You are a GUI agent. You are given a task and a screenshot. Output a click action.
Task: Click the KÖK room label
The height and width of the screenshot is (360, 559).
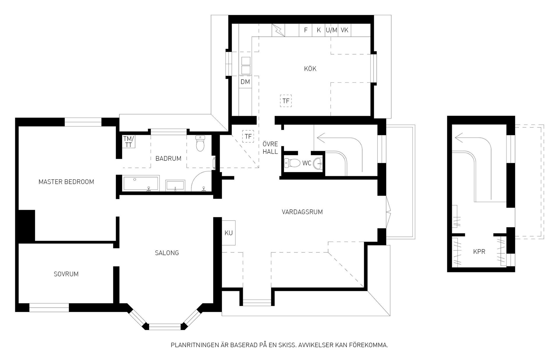310,69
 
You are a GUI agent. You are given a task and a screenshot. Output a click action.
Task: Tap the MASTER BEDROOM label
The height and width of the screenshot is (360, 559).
66,182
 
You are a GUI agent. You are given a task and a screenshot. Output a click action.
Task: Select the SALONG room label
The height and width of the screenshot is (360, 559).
167,253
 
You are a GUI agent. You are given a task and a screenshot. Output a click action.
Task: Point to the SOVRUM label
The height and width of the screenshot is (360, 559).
66,274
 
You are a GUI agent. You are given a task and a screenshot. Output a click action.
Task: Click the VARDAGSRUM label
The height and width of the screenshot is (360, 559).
302,212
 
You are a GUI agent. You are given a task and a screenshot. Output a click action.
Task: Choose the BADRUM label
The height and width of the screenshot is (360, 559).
168,158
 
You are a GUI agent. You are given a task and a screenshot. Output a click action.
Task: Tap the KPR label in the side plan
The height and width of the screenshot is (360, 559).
479,251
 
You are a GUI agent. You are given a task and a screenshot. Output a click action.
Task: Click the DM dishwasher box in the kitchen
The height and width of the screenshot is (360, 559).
245,82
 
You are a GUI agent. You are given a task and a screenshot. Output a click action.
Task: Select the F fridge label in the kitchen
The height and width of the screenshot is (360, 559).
306,30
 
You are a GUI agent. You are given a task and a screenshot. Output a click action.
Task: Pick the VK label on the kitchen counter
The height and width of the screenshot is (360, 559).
344,30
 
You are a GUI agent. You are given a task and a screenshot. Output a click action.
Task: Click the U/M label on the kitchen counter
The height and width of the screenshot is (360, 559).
332,30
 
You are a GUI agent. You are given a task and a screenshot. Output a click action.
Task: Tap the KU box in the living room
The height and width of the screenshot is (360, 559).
229,233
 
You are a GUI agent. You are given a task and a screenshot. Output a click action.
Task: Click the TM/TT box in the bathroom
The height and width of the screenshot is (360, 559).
128,142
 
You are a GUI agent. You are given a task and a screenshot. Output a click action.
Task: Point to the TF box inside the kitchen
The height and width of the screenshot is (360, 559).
286,101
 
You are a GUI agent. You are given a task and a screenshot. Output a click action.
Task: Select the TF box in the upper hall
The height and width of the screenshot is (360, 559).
248,136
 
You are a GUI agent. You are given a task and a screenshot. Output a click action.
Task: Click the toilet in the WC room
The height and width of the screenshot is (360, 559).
292,163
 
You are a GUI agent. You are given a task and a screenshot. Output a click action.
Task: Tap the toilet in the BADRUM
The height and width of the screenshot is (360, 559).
200,144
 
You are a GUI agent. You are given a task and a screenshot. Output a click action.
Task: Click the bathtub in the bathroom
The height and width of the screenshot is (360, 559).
141,183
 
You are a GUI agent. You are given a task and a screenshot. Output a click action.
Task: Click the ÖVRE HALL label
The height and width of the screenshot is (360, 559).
270,148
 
